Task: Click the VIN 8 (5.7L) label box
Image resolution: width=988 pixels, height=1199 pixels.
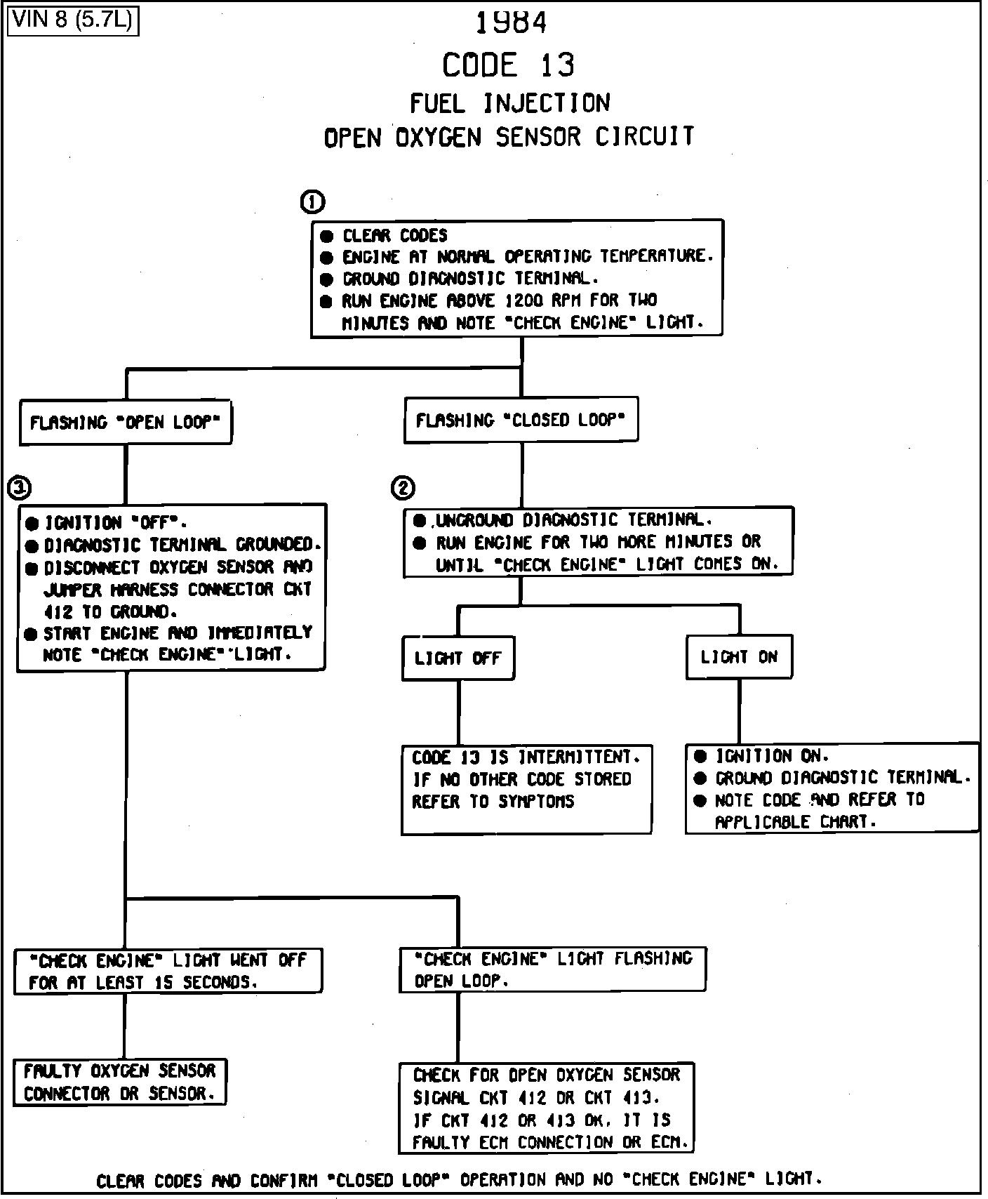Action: [x=73, y=20]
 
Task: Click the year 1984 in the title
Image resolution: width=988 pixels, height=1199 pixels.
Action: [x=511, y=23]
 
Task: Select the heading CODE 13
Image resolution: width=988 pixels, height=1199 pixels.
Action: [x=508, y=65]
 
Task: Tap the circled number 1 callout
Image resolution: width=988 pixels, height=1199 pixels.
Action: [x=312, y=202]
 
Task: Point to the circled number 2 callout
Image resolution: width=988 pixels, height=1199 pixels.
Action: [x=403, y=488]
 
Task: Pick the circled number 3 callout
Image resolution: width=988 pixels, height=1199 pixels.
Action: [x=19, y=486]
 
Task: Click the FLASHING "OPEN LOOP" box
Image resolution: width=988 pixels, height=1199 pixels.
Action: [x=126, y=423]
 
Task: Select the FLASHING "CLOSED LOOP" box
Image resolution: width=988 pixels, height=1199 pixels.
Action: [x=521, y=420]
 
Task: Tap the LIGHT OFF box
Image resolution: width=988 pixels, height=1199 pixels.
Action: [x=458, y=658]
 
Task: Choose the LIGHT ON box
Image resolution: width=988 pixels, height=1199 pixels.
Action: [x=739, y=657]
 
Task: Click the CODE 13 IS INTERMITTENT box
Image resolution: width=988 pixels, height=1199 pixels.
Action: [x=526, y=790]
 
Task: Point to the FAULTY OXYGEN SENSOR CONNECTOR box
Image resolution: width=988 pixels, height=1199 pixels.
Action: [x=120, y=1082]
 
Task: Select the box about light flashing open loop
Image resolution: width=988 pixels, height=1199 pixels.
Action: [x=553, y=969]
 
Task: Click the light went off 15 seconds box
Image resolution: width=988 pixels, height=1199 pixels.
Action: [x=168, y=971]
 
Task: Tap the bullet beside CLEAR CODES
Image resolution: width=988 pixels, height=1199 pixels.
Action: [x=326, y=236]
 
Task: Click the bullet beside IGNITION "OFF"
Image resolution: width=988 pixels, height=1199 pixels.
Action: [x=32, y=524]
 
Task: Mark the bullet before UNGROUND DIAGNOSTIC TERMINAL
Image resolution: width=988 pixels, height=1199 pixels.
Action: [x=420, y=521]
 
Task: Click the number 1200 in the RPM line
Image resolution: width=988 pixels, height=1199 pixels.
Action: [x=524, y=301]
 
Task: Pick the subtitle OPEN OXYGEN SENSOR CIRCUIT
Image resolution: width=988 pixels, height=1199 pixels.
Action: [x=509, y=137]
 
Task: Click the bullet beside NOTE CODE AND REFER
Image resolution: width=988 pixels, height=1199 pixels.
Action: [x=700, y=801]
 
